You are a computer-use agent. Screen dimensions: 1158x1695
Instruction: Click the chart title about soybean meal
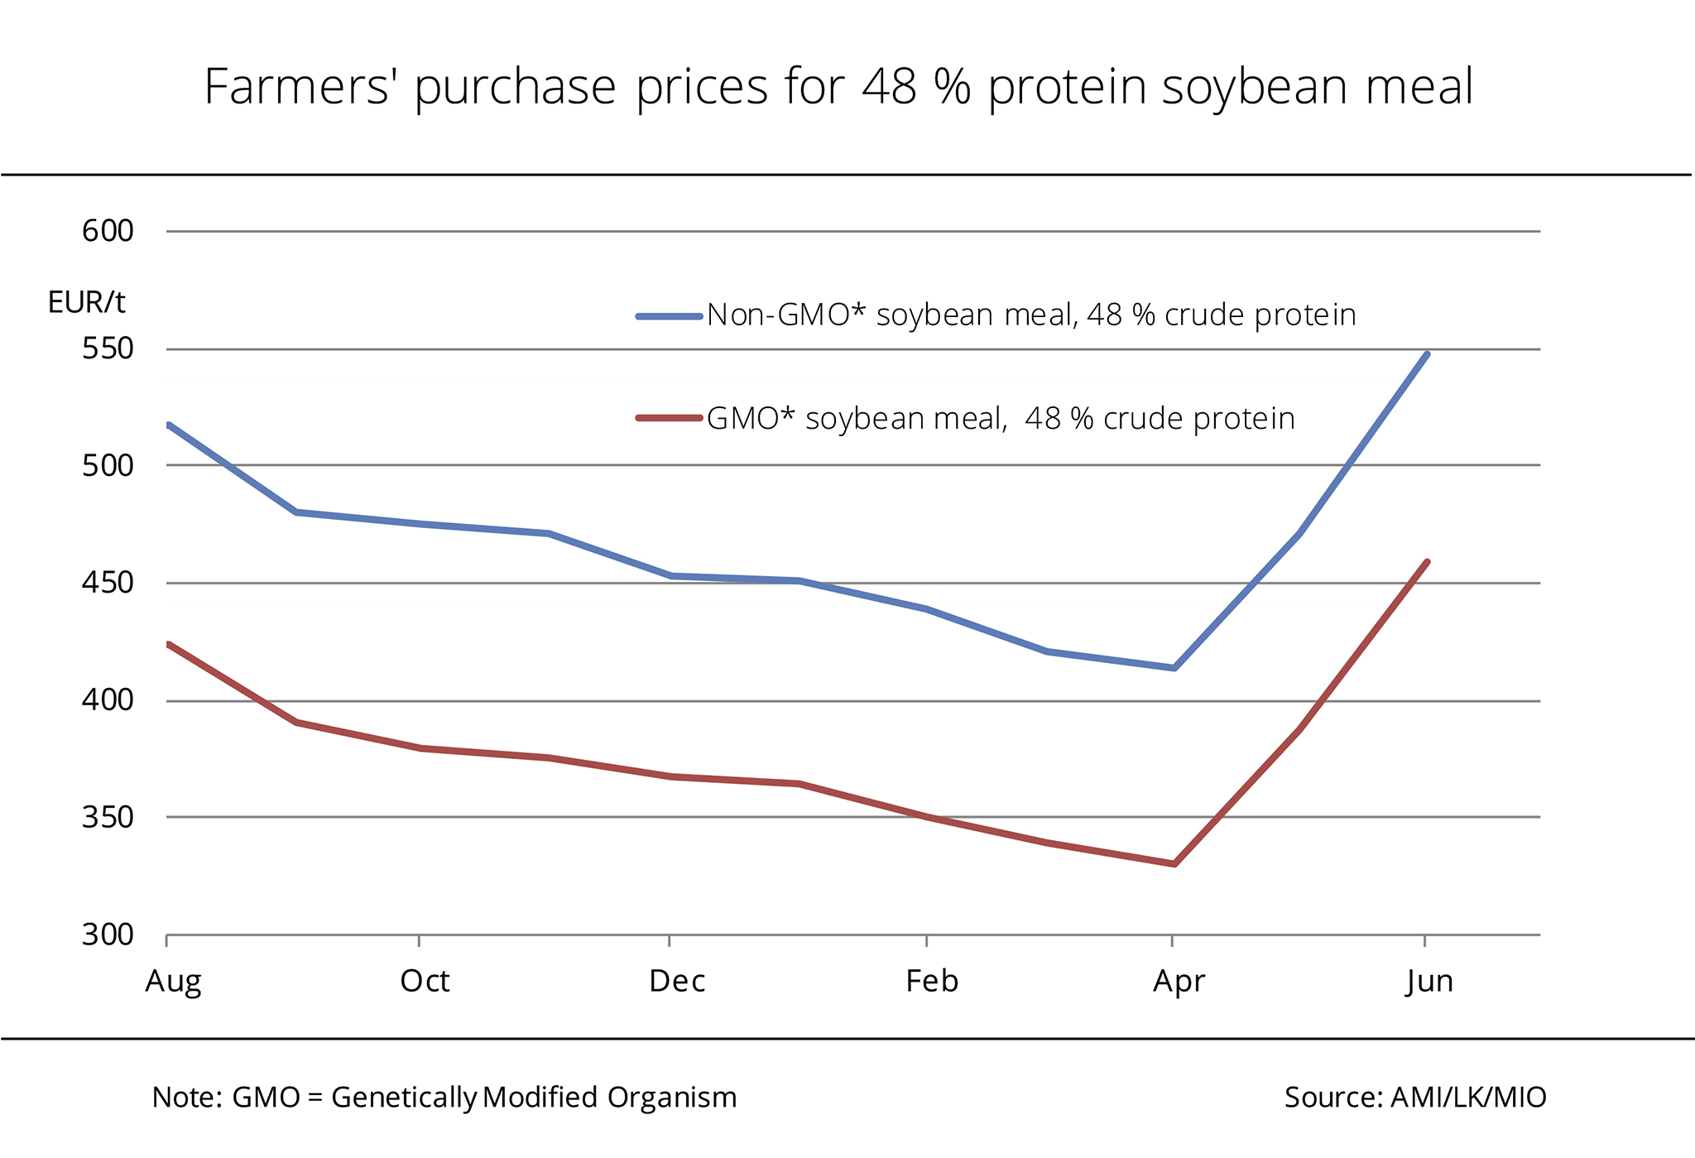point(838,88)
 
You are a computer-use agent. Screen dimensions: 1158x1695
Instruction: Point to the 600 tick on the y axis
point(108,231)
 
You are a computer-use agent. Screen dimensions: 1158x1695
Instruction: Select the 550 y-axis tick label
point(108,348)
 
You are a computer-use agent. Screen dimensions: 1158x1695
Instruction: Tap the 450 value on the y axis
point(108,583)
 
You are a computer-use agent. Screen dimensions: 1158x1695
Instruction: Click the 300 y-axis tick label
point(108,935)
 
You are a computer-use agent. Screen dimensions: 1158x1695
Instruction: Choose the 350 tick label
point(108,817)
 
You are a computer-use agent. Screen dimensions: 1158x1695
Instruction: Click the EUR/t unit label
point(87,303)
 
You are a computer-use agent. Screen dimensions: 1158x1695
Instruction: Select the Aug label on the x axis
point(173,982)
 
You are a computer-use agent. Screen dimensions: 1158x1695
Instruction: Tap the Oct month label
point(425,982)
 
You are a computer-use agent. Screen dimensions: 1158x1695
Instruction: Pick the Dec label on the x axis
point(677,982)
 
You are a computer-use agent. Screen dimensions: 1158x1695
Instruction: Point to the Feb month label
point(932,982)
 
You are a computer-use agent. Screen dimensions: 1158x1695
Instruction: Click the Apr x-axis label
point(1179,982)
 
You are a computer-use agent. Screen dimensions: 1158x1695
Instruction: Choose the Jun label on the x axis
point(1429,982)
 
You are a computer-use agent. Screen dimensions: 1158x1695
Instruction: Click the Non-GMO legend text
point(1031,315)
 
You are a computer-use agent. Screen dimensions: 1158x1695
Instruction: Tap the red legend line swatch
point(669,418)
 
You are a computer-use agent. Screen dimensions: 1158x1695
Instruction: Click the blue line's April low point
point(1174,668)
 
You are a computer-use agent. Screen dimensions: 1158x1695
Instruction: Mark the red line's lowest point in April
point(1174,864)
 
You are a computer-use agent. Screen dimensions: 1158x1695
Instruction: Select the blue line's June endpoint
point(1427,354)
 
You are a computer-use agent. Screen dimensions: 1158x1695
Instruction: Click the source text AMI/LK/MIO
point(1468,1098)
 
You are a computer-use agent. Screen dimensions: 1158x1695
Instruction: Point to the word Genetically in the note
point(404,1098)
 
